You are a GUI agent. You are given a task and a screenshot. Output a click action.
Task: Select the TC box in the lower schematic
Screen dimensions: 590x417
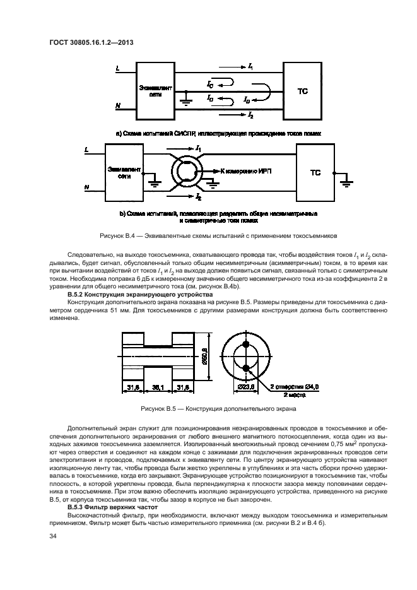tap(315, 172)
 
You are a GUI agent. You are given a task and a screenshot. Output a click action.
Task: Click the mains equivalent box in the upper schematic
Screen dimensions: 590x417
tap(151, 91)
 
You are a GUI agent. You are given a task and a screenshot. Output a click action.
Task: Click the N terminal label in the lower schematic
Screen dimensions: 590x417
tap(86, 187)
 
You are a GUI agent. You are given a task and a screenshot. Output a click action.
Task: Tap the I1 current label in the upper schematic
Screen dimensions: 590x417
tap(250, 67)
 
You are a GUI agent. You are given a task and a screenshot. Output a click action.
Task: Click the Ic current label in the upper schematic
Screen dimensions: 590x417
tap(210, 84)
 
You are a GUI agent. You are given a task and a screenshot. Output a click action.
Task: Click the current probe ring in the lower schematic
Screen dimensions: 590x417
tap(187, 170)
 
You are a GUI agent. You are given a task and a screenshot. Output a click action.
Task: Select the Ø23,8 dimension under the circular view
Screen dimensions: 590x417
tap(247, 387)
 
